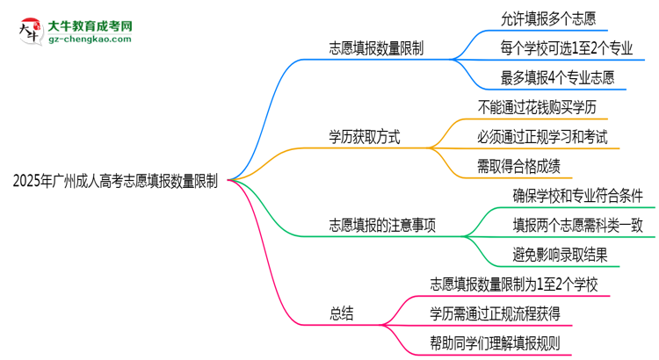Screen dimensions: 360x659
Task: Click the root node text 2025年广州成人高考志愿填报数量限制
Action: point(116,181)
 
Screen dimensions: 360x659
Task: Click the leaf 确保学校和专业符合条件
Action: point(577,195)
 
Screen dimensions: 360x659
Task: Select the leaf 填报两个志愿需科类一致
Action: point(577,225)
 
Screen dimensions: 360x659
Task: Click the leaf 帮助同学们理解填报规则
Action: point(496,342)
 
